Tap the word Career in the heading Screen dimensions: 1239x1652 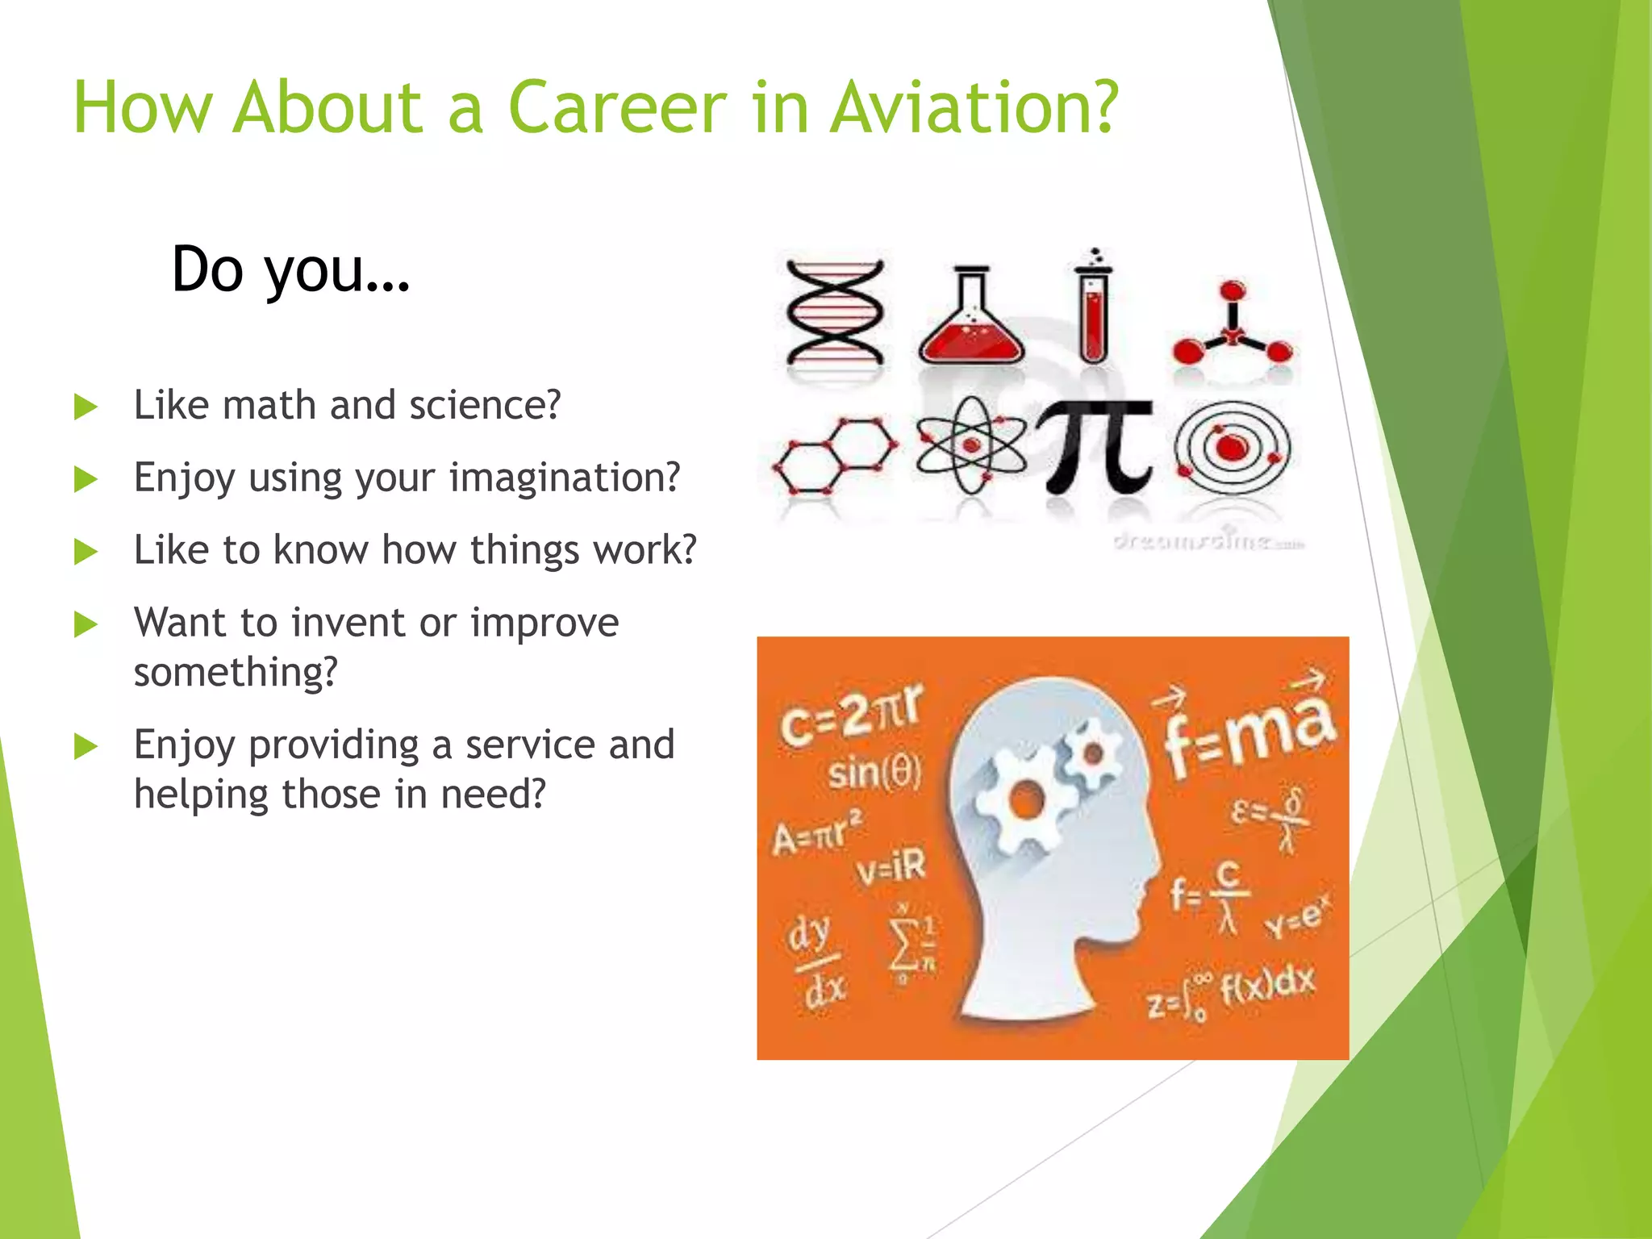(617, 107)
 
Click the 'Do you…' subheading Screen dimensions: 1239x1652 (290, 270)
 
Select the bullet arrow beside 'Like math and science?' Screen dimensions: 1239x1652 (86, 407)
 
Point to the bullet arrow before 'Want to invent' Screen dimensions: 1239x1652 (86, 624)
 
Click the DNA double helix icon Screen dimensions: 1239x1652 (835, 312)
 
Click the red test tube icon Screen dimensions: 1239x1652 (1093, 311)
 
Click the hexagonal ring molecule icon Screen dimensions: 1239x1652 (834, 455)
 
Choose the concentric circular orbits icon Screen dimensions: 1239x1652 (1232, 447)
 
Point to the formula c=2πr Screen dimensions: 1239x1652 (851, 715)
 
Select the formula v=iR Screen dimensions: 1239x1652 (891, 866)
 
